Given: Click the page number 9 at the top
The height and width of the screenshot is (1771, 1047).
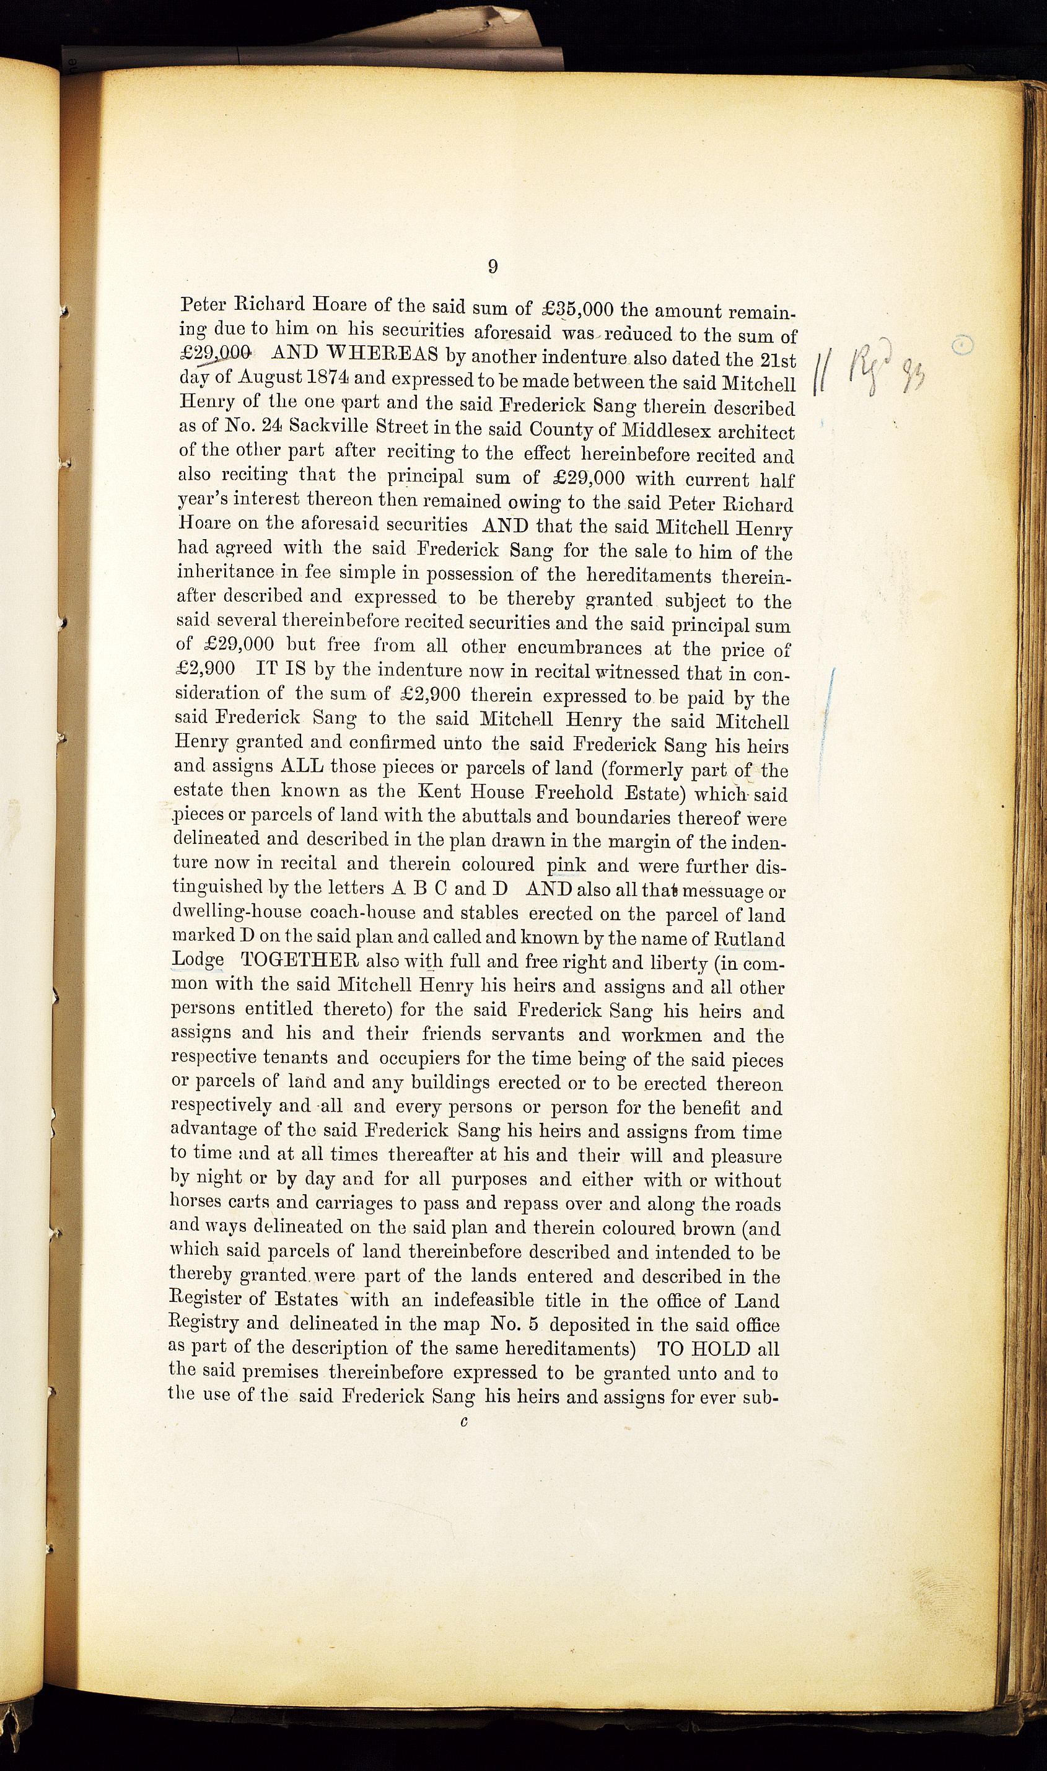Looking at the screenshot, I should pos(493,266).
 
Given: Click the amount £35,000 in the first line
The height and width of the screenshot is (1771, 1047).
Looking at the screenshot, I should pos(580,309).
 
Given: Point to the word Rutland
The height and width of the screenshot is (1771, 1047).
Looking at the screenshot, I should pos(749,939).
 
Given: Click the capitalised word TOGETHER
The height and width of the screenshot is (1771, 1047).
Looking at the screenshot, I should pos(300,962).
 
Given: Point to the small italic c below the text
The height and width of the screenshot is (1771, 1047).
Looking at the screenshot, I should pos(463,1423).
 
